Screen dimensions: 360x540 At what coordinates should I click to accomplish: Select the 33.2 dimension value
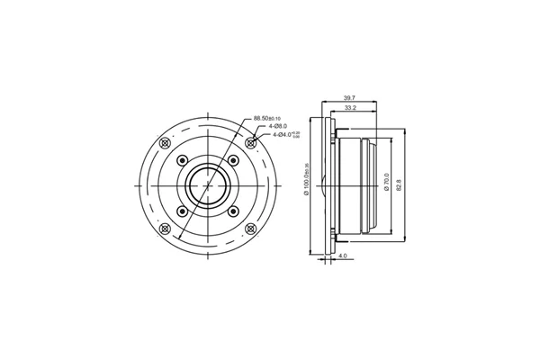tap(351, 108)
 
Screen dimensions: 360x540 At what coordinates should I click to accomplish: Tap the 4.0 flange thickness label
tap(343, 256)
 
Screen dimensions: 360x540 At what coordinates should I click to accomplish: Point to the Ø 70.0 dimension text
tap(386, 184)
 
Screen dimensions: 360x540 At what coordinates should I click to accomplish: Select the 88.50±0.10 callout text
tap(266, 118)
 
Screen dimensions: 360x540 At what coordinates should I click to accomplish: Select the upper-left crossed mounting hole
tap(165, 143)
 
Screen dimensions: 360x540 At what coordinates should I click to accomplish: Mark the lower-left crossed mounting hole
tap(165, 229)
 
